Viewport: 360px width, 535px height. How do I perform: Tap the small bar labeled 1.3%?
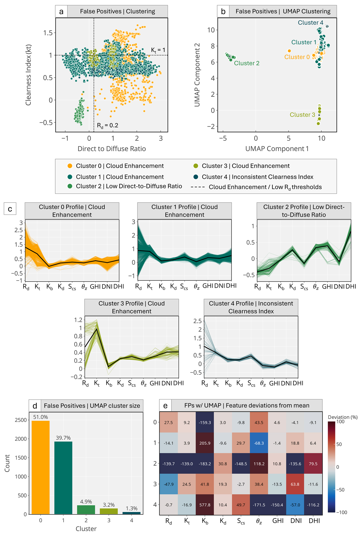[132, 513]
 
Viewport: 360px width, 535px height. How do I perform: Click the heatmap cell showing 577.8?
[205, 505]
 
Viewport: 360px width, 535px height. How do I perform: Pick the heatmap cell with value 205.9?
[205, 443]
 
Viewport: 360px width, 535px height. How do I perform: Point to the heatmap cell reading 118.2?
[259, 464]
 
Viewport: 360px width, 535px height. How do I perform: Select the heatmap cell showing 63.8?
[295, 484]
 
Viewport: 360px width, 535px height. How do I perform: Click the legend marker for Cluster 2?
[70, 186]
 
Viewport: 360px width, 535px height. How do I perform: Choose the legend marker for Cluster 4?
[196, 177]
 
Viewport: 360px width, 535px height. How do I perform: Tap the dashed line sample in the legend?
[198, 187]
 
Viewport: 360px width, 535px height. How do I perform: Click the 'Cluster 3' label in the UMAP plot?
[302, 115]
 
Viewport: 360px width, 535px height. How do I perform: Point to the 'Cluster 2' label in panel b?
[247, 63]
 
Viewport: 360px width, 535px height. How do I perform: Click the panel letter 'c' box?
[10, 209]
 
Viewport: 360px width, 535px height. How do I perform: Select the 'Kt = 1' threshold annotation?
[158, 50]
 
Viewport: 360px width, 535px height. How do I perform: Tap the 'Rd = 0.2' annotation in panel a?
[107, 125]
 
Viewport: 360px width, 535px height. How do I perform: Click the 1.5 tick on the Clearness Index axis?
[48, 33]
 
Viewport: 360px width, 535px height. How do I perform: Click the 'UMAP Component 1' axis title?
[277, 149]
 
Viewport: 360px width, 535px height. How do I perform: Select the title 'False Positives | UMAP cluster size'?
[92, 406]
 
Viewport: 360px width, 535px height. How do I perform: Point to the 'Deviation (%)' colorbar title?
[343, 417]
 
